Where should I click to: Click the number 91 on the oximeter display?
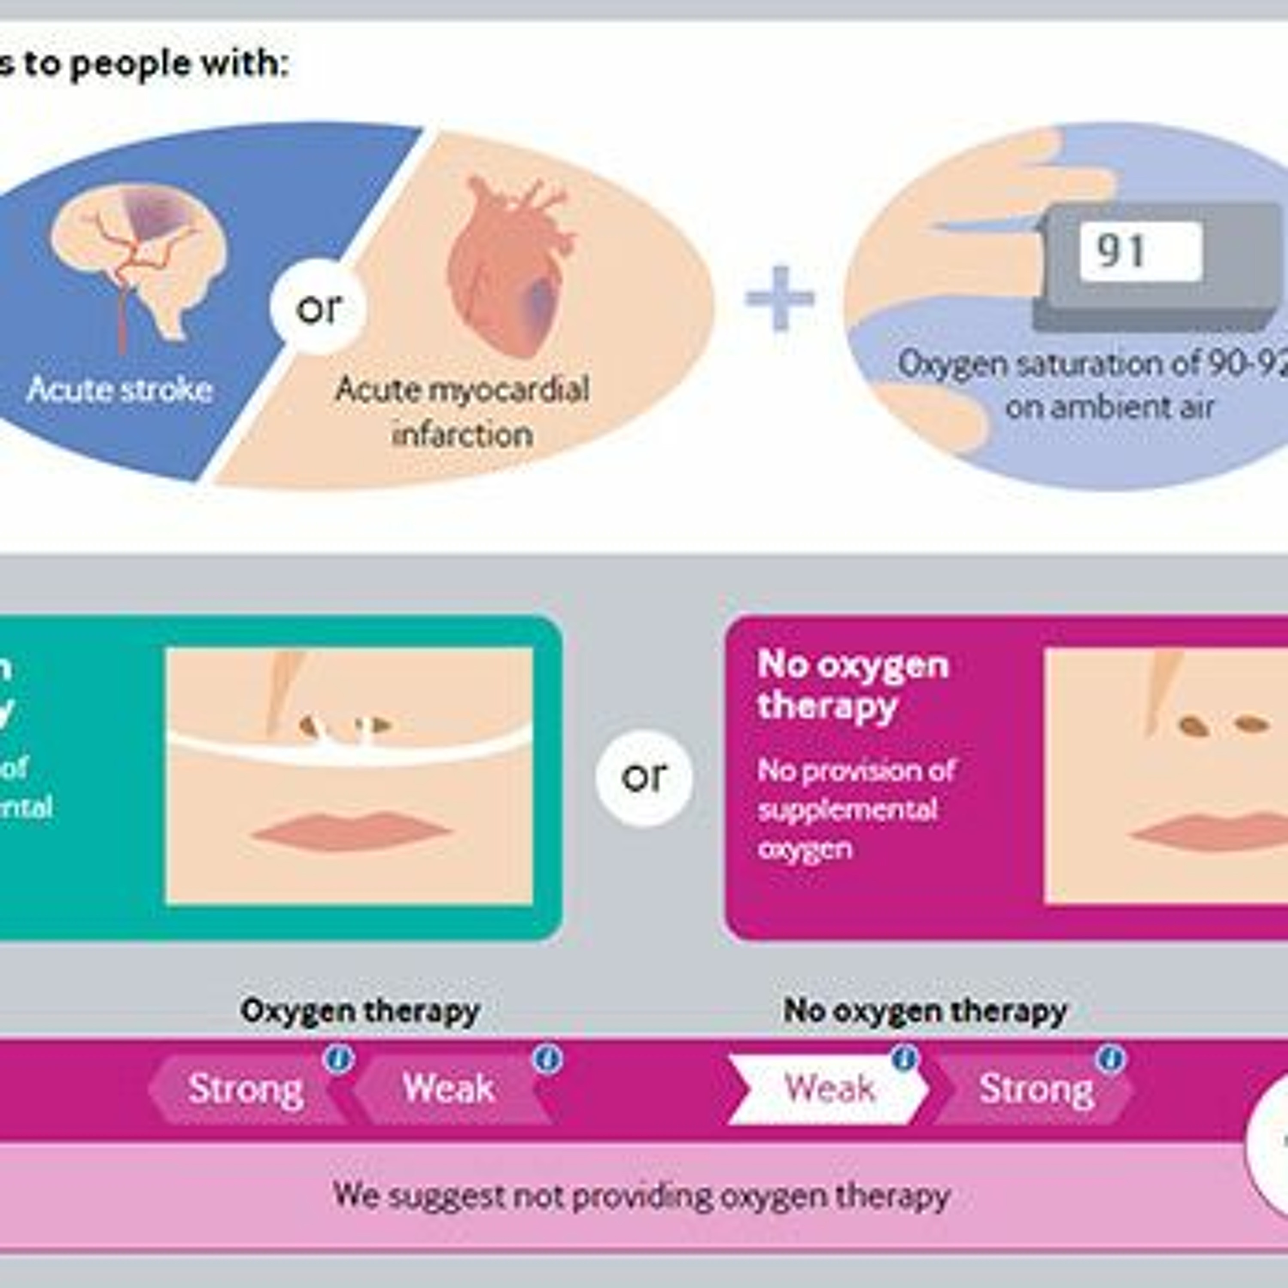click(1121, 251)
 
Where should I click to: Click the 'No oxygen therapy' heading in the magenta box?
click(853, 685)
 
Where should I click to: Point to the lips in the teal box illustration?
click(351, 831)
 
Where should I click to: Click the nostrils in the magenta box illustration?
click(1223, 725)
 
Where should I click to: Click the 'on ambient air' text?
click(1109, 407)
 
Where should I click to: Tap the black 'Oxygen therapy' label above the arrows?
click(360, 1011)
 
